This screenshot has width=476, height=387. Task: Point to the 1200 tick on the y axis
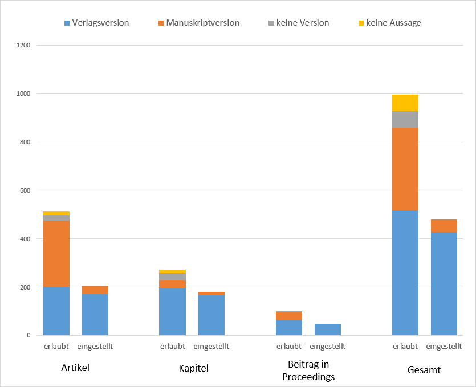pyautogui.click(x=23, y=45)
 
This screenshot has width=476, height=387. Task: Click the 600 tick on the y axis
pyautogui.click(x=25, y=190)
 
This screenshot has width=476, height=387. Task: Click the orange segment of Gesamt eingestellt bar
pyautogui.click(x=444, y=226)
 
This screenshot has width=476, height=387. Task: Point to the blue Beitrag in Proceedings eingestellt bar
pyautogui.click(x=327, y=329)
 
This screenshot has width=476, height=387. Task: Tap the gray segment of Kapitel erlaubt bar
pyautogui.click(x=172, y=276)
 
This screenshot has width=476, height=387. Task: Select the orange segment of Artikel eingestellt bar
pyautogui.click(x=95, y=290)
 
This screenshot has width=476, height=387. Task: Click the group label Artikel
pyautogui.click(x=75, y=368)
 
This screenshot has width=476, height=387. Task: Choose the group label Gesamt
pyautogui.click(x=424, y=370)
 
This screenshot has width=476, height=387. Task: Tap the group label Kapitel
pyautogui.click(x=193, y=368)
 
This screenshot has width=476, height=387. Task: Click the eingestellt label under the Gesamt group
pyautogui.click(x=444, y=347)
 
